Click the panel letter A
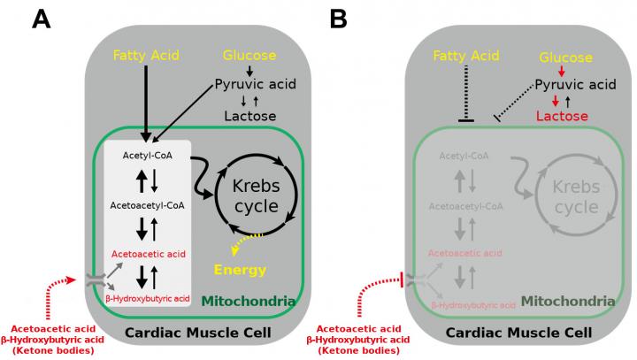point(40,19)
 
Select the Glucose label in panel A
point(249,55)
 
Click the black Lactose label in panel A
point(249,116)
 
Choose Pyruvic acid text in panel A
point(253,85)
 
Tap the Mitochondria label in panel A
point(247,301)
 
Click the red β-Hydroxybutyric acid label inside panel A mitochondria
point(147,298)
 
